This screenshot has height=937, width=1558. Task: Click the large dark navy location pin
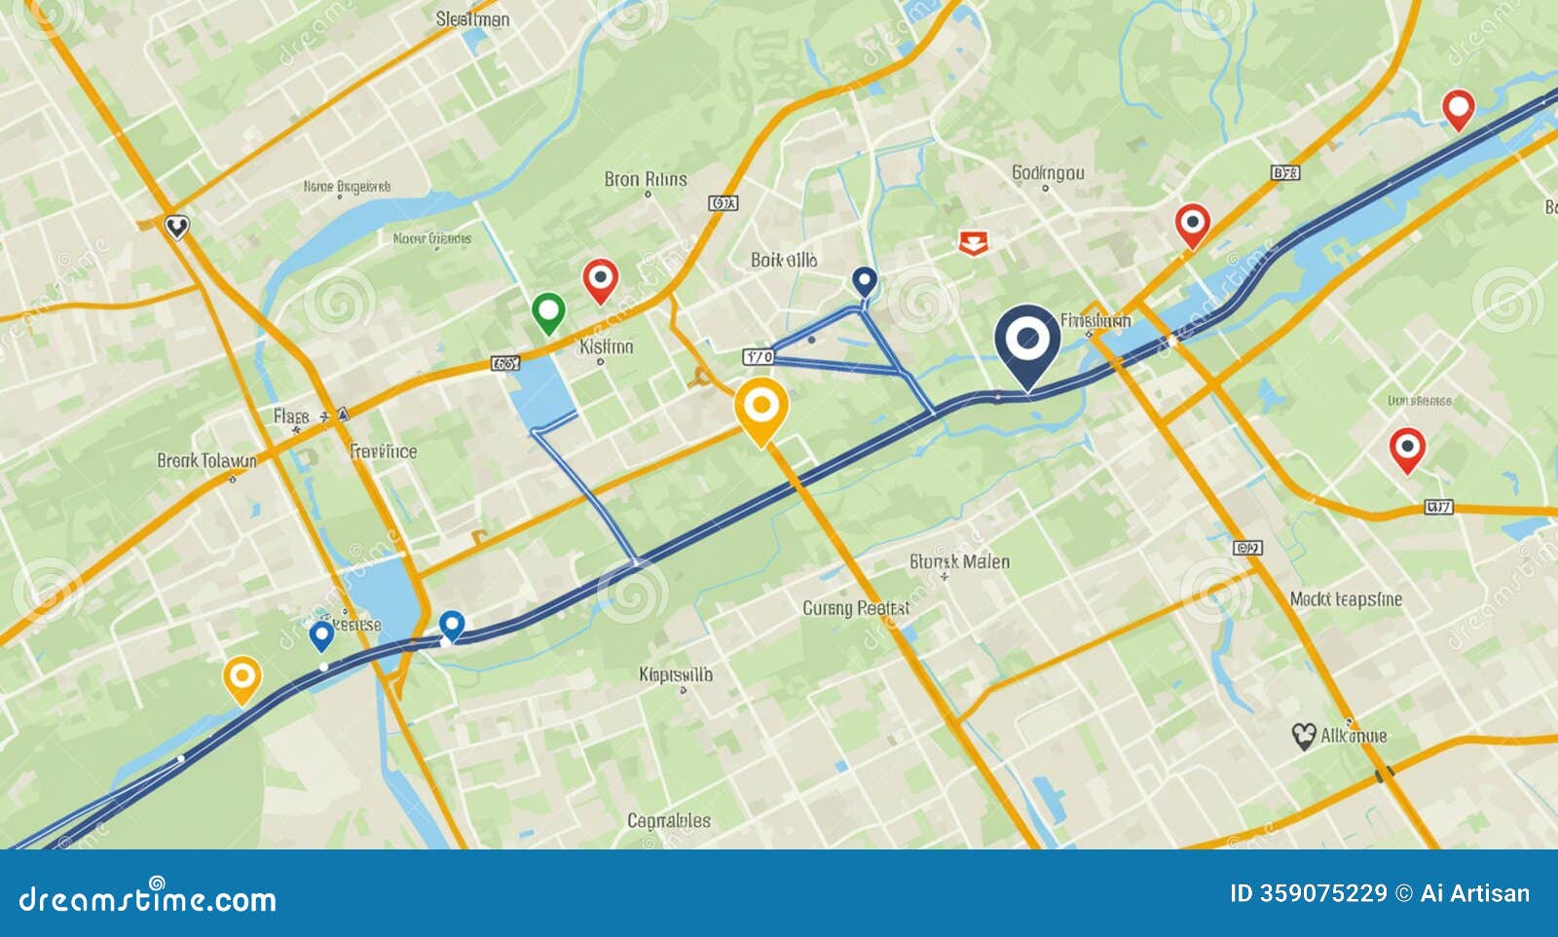[1027, 342]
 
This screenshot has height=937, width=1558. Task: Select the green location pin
[549, 312]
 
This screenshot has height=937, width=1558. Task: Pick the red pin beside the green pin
[600, 280]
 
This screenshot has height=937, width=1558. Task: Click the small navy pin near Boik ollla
[864, 282]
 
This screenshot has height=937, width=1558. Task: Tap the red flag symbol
[972, 242]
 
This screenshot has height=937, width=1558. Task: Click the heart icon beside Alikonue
[1304, 736]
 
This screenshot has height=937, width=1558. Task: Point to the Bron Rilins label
[646, 179]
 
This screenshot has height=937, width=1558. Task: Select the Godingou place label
[1047, 173]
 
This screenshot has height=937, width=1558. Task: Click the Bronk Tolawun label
[206, 460]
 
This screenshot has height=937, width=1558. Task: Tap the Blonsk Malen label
[959, 561]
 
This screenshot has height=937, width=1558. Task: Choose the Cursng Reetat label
[855, 608]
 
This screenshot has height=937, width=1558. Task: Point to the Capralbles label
[669, 820]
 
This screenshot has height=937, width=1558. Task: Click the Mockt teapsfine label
[1346, 599]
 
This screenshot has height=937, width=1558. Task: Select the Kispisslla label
[676, 674]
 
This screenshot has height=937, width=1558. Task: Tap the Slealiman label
[472, 18]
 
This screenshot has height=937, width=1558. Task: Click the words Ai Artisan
[1474, 893]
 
